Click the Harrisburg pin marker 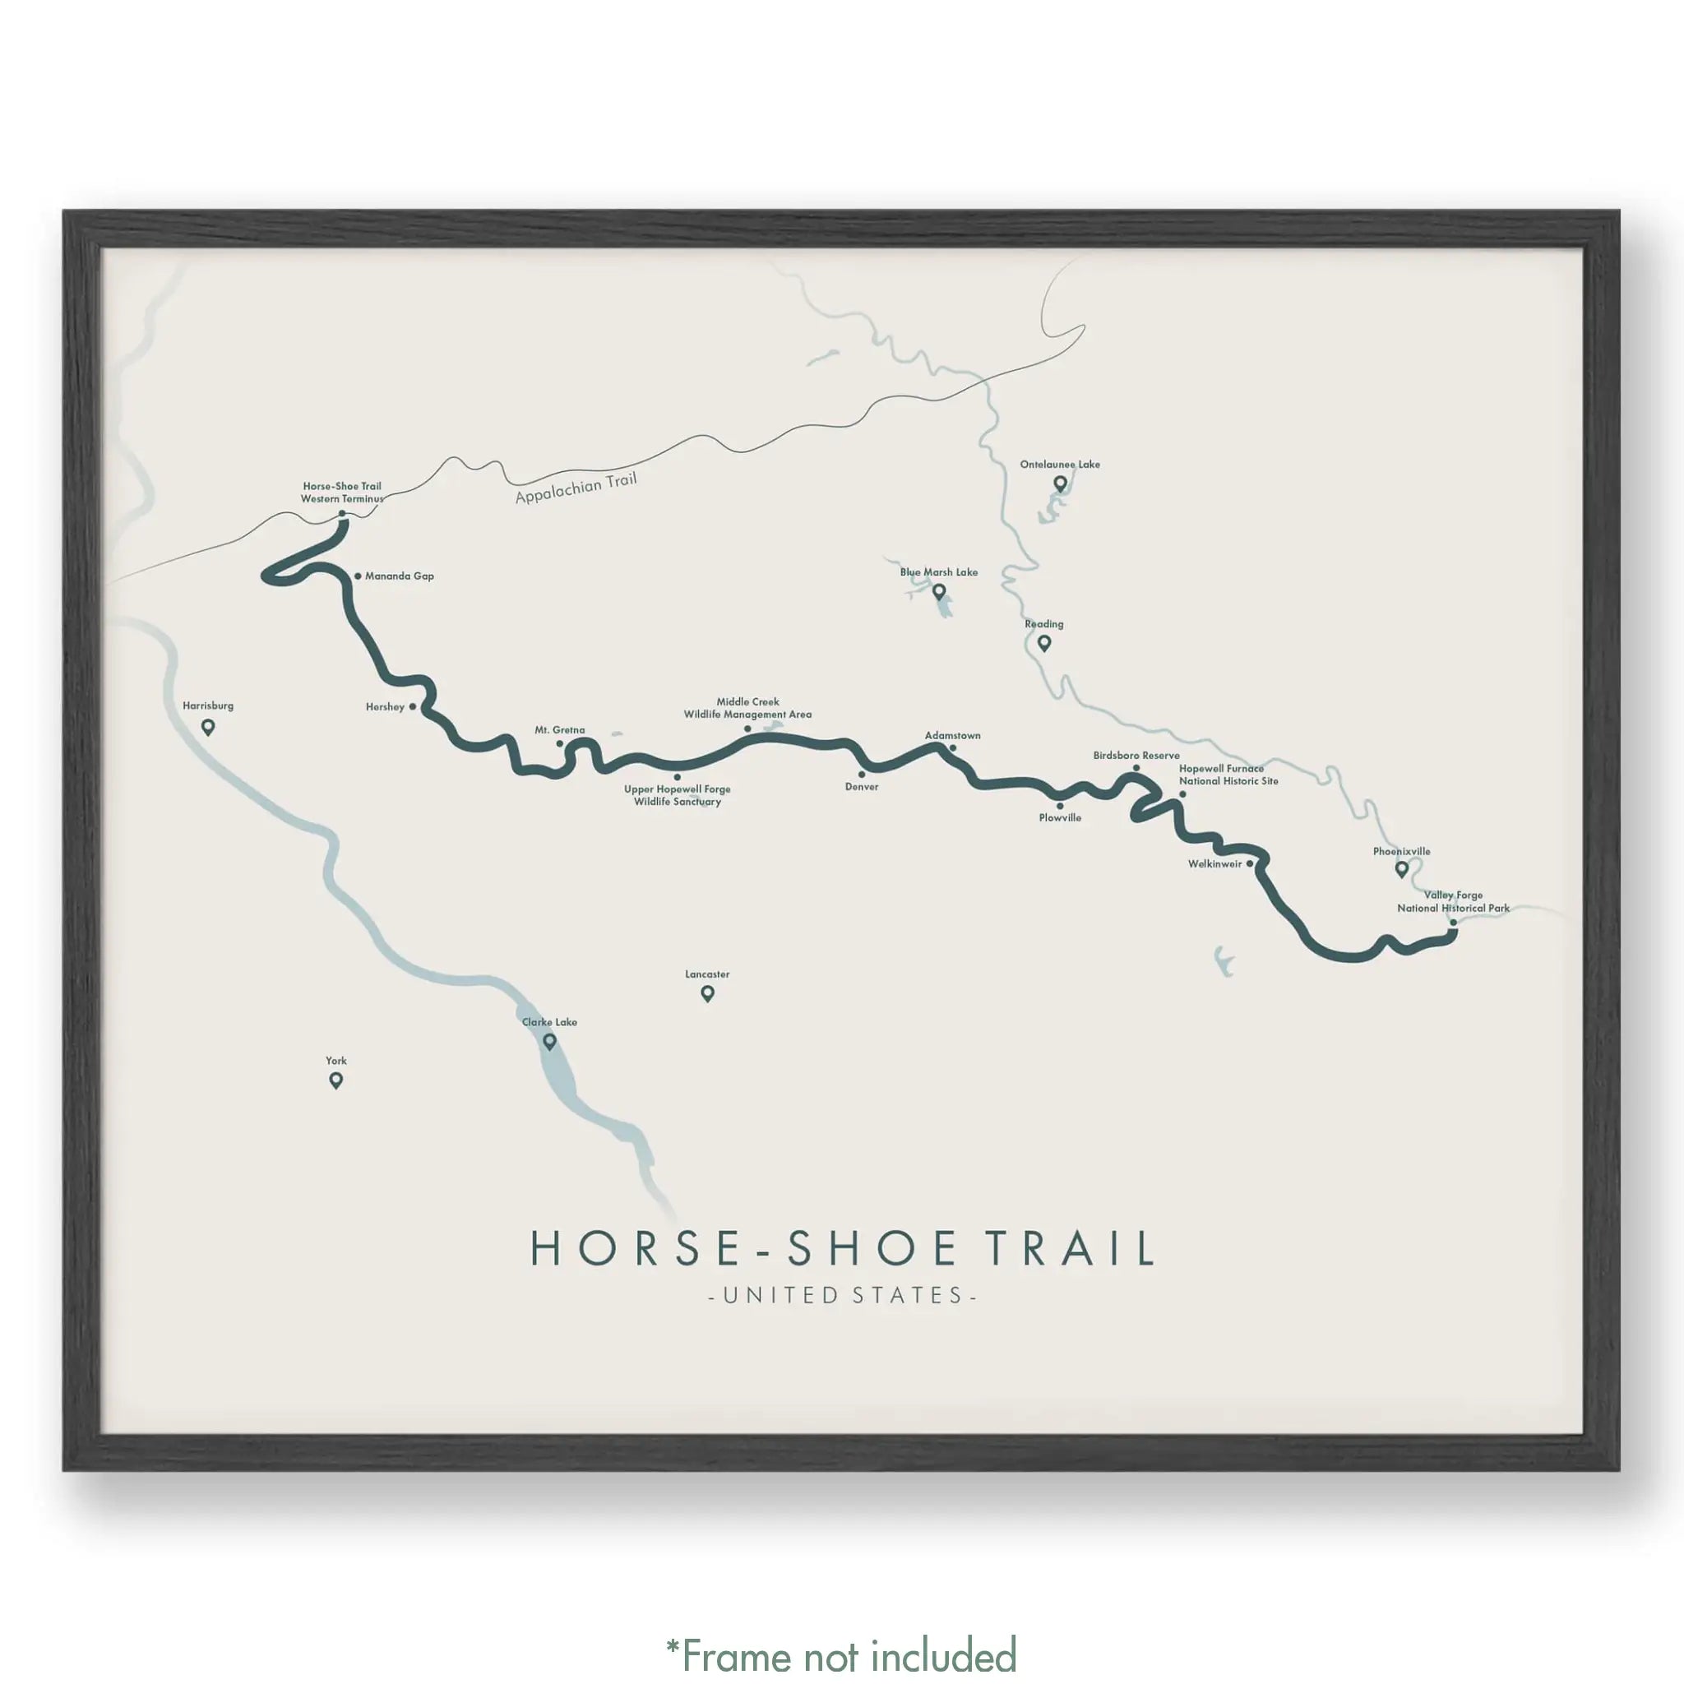point(207,726)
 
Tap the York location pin point(335,1080)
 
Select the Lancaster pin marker point(707,992)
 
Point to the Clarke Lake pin point(549,1041)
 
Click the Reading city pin point(1043,643)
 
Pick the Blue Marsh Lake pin point(939,592)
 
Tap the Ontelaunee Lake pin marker point(1060,483)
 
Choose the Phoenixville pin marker point(1402,868)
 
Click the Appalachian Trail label point(576,488)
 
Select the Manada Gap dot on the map point(358,576)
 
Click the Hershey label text point(384,707)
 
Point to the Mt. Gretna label point(560,730)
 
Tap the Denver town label point(861,787)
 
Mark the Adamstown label point(952,736)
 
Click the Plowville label point(1060,817)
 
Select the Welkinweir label point(1214,864)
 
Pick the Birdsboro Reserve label point(1136,756)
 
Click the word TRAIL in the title point(1072,1249)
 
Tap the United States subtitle point(842,1295)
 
